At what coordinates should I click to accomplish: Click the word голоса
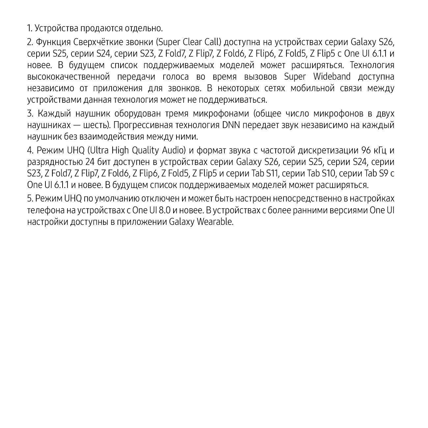pyautogui.click(x=176, y=77)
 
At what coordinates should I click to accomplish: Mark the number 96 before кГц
pyautogui.click(x=366, y=150)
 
